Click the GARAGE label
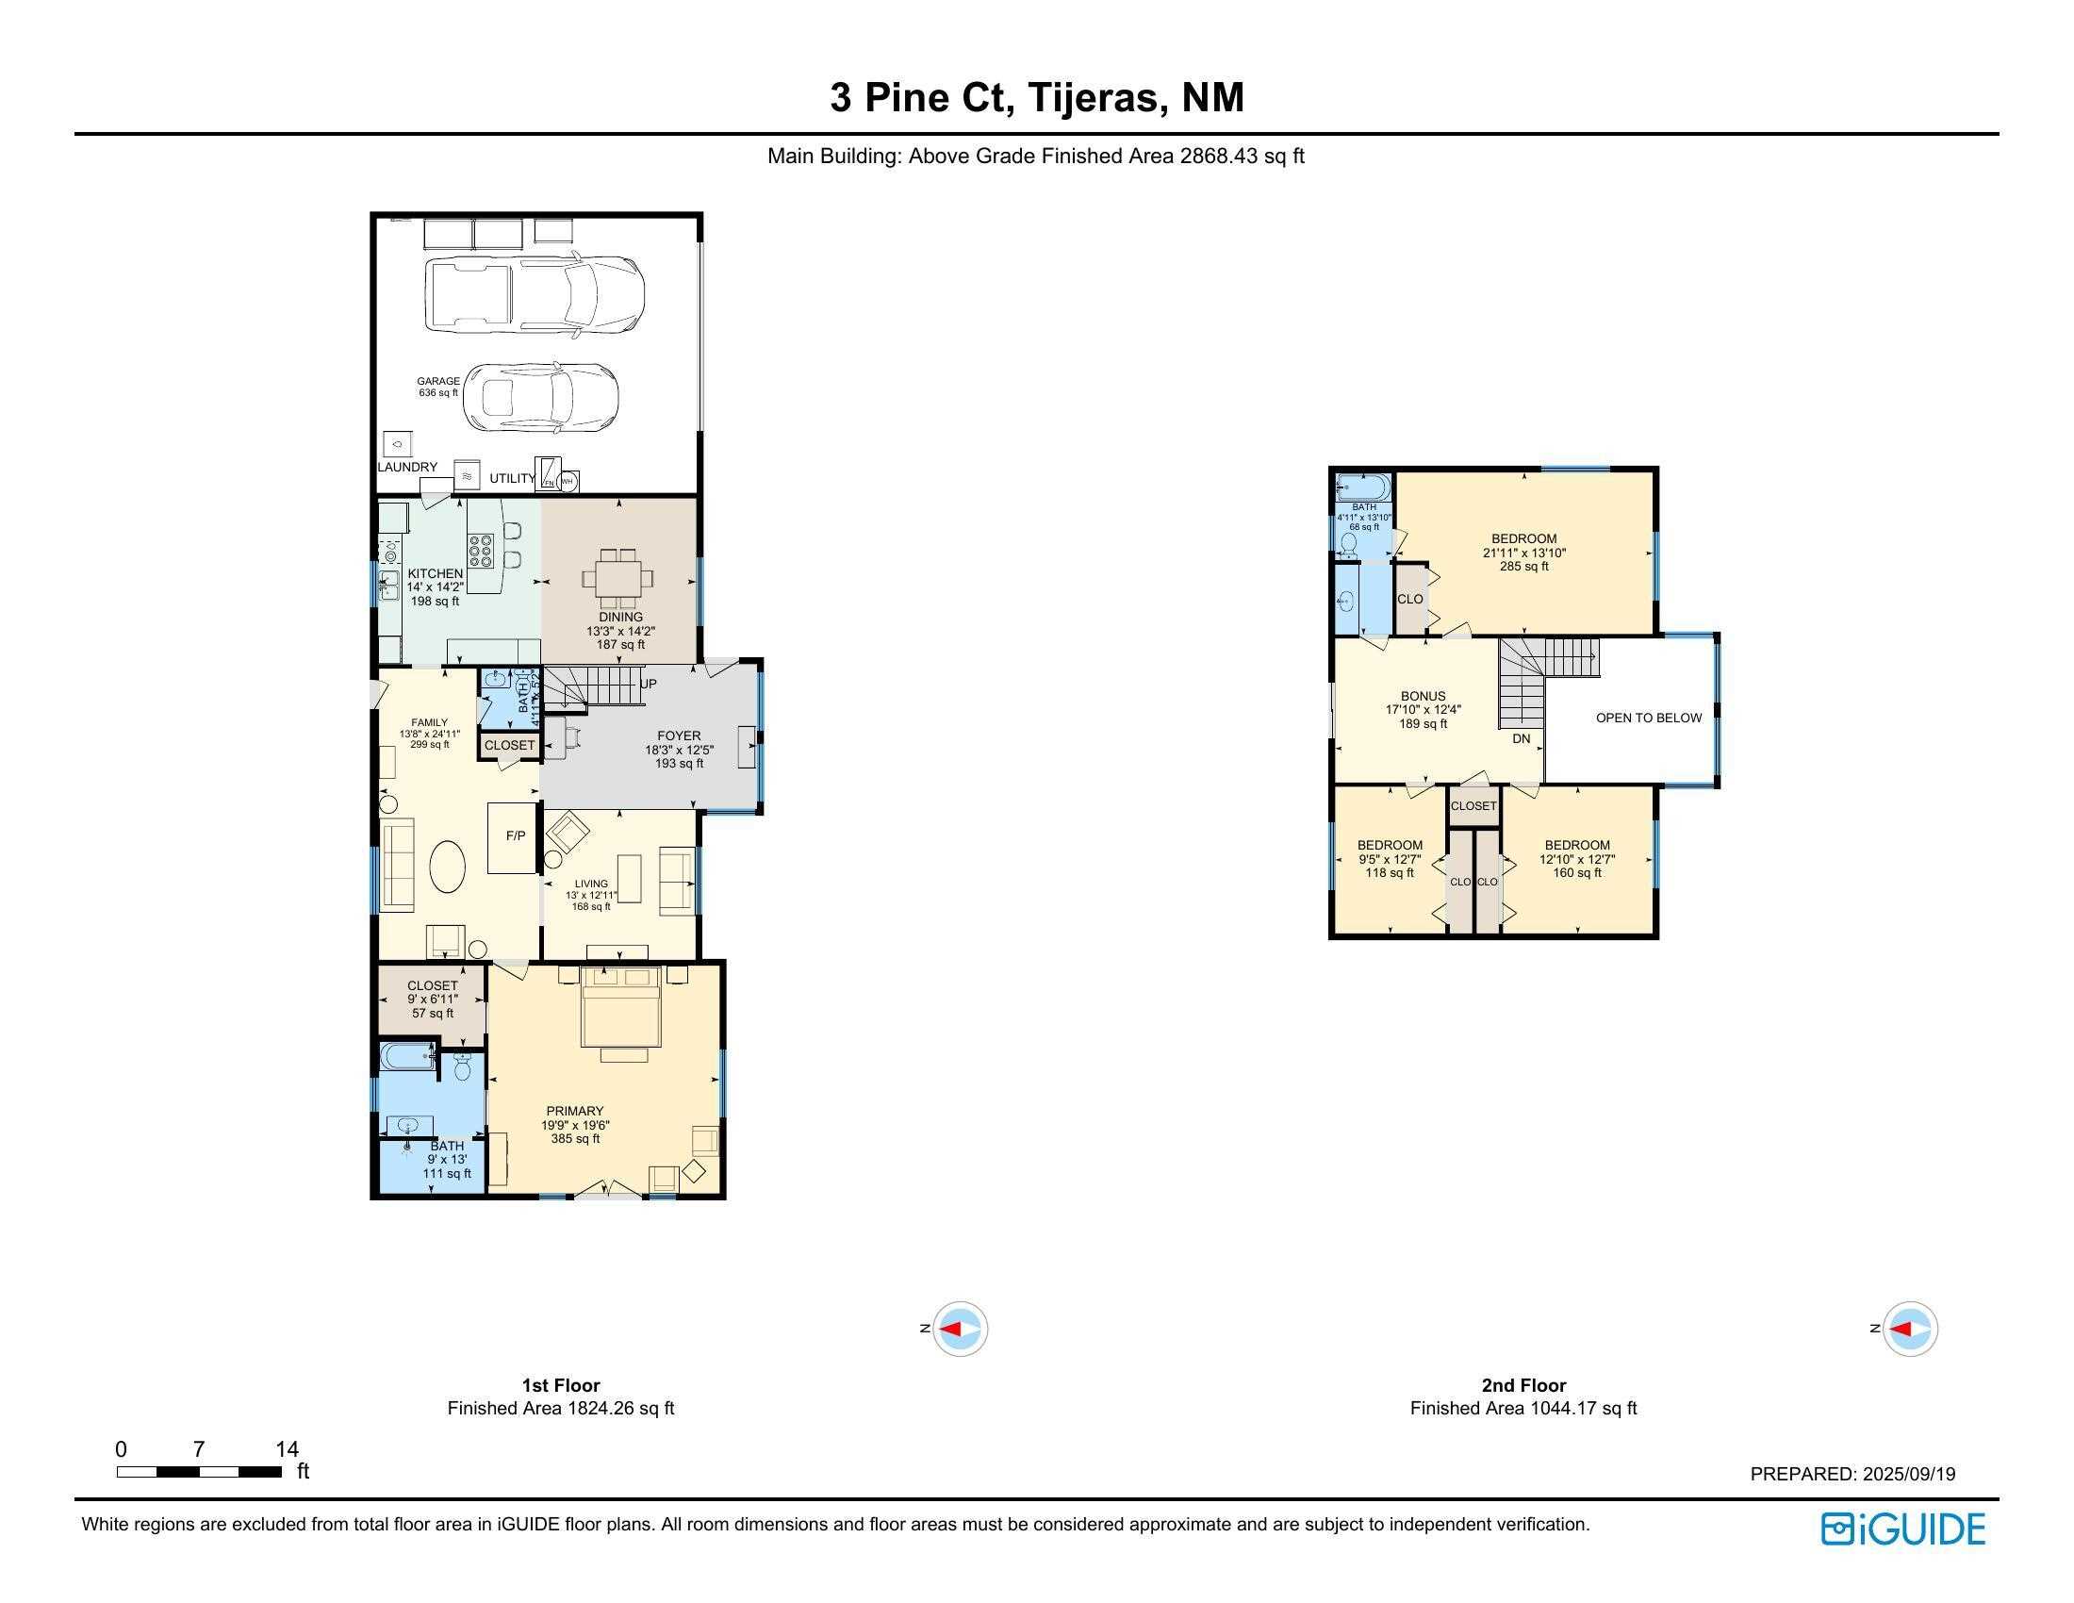tap(437, 382)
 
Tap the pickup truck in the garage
tap(535, 295)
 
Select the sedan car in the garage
tap(541, 398)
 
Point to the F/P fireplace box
tap(514, 836)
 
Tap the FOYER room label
tap(679, 736)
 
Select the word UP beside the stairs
tap(649, 684)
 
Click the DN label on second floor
tap(1522, 739)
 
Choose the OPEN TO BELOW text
tap(1649, 718)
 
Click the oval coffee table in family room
tap(448, 866)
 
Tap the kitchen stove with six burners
tap(482, 551)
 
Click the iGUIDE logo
tap(1902, 1529)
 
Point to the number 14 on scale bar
tap(287, 1449)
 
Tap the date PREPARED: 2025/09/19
tap(1852, 1474)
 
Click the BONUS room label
tap(1423, 696)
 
